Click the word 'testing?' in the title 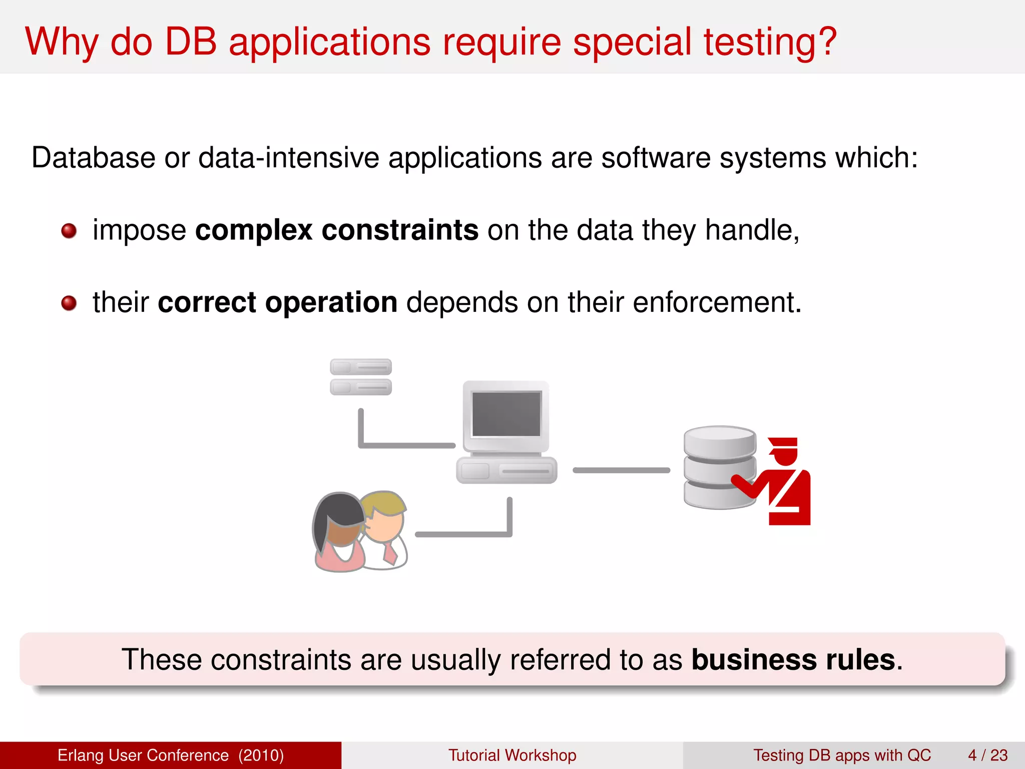pyautogui.click(x=770, y=42)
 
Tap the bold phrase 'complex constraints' pyautogui.click(x=336, y=230)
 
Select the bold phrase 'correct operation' pyautogui.click(x=277, y=302)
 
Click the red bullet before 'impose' pyautogui.click(x=69, y=231)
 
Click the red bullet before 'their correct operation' pyautogui.click(x=69, y=303)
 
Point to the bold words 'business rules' pyautogui.click(x=793, y=659)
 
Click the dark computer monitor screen pyautogui.click(x=506, y=414)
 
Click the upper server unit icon pyautogui.click(x=360, y=367)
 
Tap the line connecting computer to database pyautogui.click(x=621, y=470)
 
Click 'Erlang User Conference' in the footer pyautogui.click(x=143, y=755)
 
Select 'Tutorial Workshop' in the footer pyautogui.click(x=512, y=755)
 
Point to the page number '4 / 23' pyautogui.click(x=987, y=755)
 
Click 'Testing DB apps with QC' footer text pyautogui.click(x=842, y=755)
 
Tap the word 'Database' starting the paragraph pyautogui.click(x=93, y=158)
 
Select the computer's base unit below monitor pyautogui.click(x=506, y=471)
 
